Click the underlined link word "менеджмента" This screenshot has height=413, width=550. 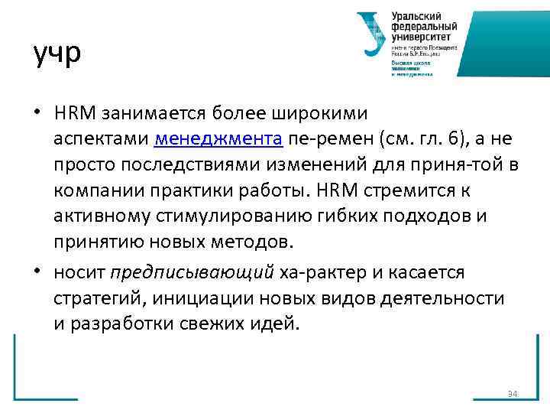click(219, 138)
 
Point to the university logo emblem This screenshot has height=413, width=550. click(372, 33)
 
